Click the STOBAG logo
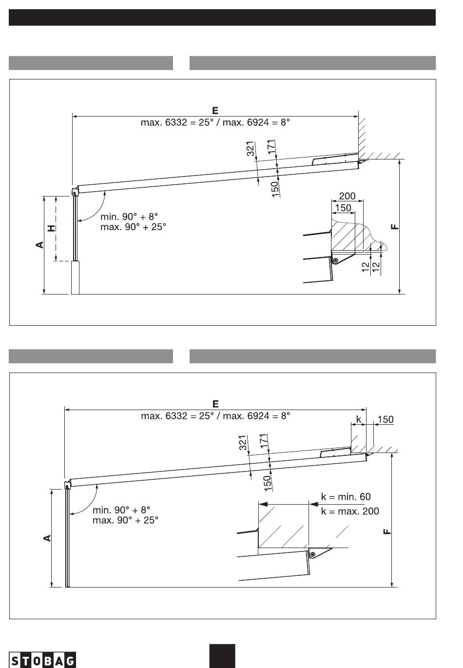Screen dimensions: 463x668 pos(42,660)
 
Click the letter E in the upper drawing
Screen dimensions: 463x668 pos(215,111)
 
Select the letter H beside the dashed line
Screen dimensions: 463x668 pos(52,228)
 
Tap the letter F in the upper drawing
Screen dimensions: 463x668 pos(394,227)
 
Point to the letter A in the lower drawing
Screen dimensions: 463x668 pos(47,538)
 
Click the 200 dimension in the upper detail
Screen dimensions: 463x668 pos(347,196)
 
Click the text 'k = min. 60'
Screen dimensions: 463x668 pos(346,496)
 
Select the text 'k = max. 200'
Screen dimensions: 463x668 pos(350,511)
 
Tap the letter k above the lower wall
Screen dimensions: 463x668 pos(359,419)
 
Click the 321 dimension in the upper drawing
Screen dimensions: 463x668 pos(251,149)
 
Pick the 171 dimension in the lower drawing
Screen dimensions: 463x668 pos(264,441)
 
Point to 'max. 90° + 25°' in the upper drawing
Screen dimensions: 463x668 pos(133,227)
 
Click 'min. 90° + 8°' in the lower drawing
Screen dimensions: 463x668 pos(121,510)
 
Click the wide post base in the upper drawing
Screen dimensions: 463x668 pos(75,277)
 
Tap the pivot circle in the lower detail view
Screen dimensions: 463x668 pos(312,554)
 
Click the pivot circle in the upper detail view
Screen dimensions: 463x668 pos(335,260)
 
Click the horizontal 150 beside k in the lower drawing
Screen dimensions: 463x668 pos(386,419)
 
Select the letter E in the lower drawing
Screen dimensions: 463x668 pos(215,404)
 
